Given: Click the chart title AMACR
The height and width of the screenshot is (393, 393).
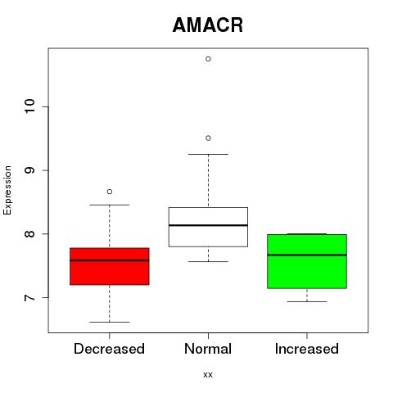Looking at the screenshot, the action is point(208,25).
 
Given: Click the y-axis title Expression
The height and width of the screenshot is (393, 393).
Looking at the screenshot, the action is point(7,190).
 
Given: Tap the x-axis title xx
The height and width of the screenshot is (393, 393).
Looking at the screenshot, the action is point(208,375).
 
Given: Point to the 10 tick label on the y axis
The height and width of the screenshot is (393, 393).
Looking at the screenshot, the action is point(29,106).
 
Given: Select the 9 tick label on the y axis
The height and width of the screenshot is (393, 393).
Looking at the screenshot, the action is point(29,170).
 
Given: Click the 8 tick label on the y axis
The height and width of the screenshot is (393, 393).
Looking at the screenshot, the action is point(29,234).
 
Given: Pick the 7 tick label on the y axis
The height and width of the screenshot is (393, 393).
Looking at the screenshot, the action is point(29,297).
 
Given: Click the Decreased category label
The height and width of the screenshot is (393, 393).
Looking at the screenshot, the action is point(109,349).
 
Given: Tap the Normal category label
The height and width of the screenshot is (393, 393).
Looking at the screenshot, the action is point(208,349).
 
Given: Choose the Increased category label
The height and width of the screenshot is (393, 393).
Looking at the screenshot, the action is point(307,349).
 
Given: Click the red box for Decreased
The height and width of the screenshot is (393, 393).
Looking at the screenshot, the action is point(110,266).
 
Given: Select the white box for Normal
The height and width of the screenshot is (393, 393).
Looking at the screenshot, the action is point(208,227).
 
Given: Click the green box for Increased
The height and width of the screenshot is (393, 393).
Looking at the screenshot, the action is point(307,261).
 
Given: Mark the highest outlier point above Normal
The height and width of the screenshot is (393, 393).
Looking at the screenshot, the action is point(208,59).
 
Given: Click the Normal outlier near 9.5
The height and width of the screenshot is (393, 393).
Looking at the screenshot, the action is point(208,138).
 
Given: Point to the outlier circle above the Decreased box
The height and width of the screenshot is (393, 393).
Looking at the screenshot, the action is point(110,192).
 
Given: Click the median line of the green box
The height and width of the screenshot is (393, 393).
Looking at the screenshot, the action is point(307,255).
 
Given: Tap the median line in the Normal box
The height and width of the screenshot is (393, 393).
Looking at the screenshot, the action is point(208,225).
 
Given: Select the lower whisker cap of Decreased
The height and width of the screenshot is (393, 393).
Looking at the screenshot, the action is point(110,322).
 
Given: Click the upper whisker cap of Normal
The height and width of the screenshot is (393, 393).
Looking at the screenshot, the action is point(208,154).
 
